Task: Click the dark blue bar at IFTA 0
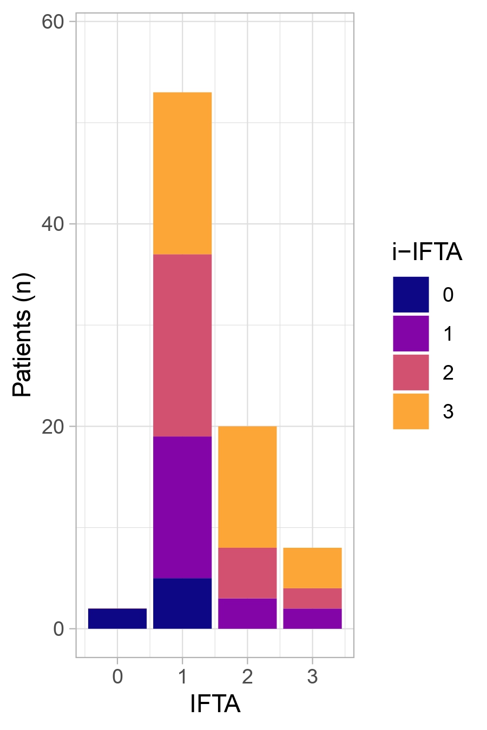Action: [117, 619]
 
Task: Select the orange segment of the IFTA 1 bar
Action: [182, 173]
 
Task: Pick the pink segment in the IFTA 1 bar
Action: [182, 345]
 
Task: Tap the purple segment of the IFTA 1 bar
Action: [182, 507]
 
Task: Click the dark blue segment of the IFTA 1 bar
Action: [182, 603]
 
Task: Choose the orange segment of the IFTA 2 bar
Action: [247, 487]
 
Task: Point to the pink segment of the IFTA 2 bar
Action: [247, 573]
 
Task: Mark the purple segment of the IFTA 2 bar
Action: [247, 614]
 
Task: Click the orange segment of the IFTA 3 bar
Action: [312, 568]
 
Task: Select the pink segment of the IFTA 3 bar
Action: [312, 599]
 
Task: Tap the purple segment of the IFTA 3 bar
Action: [312, 619]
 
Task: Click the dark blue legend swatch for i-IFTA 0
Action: [411, 295]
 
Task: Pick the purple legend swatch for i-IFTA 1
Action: [411, 334]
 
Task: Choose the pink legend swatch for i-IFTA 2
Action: [411, 373]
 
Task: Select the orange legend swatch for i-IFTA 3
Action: [411, 412]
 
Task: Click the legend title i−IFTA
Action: [427, 253]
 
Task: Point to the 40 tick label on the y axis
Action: [52, 224]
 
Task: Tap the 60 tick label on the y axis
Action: [52, 22]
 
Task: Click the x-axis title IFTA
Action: [215, 704]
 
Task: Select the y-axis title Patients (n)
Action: [23, 335]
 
